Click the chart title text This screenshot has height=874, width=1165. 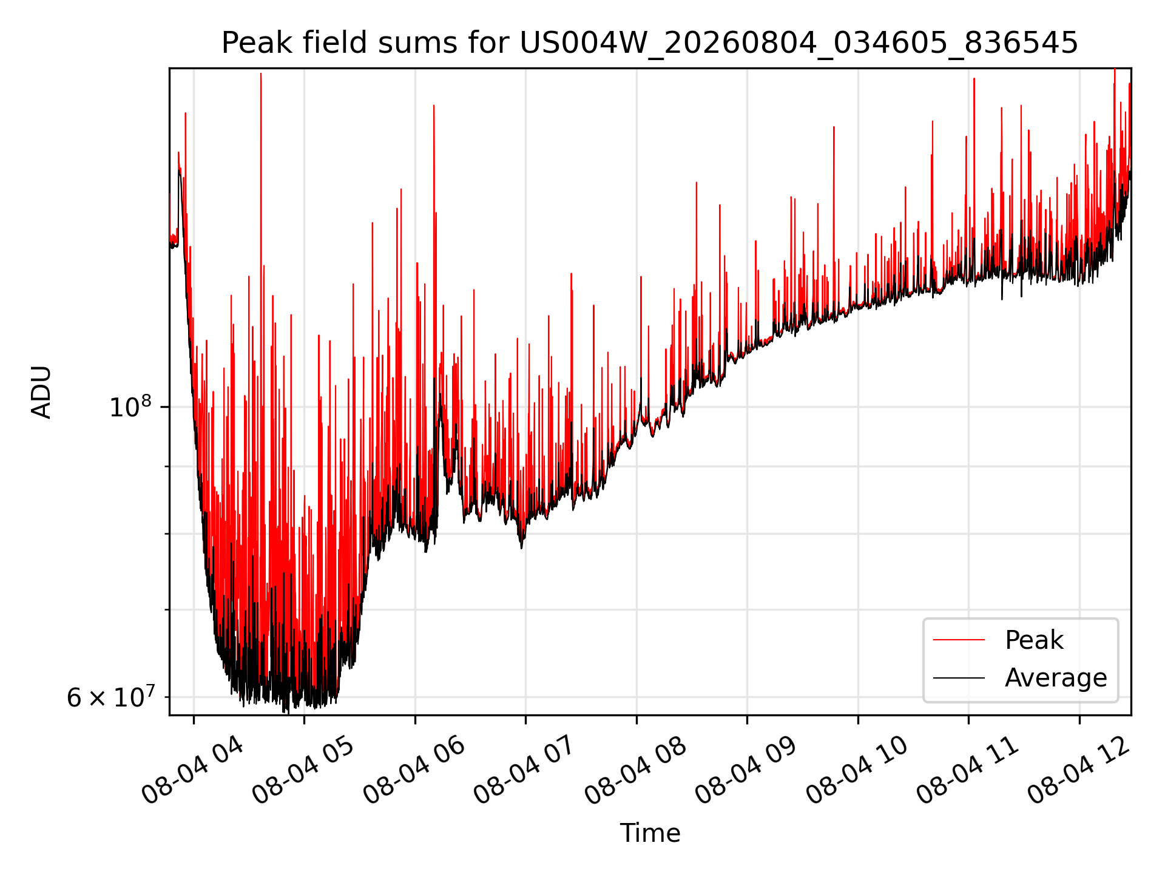click(x=650, y=43)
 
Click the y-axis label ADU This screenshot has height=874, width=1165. click(x=41, y=392)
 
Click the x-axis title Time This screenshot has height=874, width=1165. click(x=650, y=833)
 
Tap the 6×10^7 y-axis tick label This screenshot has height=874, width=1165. click(x=110, y=697)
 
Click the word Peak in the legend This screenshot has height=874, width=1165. click(x=1034, y=640)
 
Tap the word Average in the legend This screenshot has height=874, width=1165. click(x=1056, y=677)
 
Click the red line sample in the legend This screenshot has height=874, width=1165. click(x=959, y=640)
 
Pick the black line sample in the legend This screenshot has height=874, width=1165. click(x=959, y=677)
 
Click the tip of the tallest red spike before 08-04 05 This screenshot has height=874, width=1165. click(x=261, y=73)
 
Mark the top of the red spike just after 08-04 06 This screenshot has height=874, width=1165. click(x=434, y=106)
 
